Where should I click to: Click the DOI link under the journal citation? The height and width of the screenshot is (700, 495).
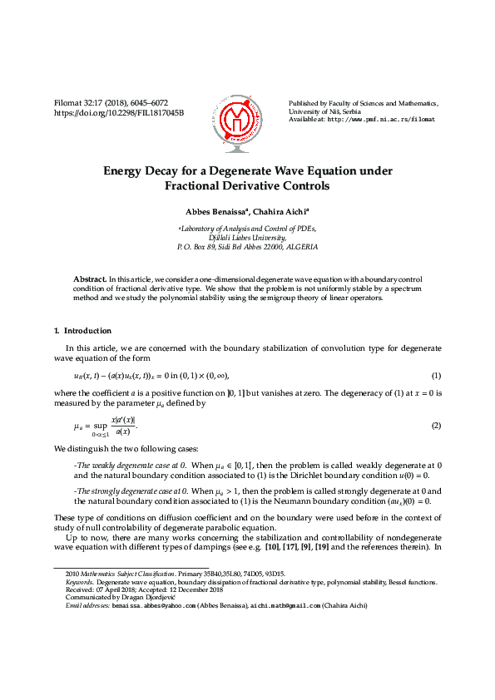point(119,112)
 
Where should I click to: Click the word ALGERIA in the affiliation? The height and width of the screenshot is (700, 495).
point(301,247)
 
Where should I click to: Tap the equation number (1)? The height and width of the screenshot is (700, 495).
point(436,376)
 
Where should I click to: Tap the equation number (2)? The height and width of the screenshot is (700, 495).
point(436,426)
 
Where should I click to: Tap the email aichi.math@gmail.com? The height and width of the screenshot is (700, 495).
point(286,606)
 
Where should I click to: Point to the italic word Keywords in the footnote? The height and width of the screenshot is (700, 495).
point(80,583)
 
